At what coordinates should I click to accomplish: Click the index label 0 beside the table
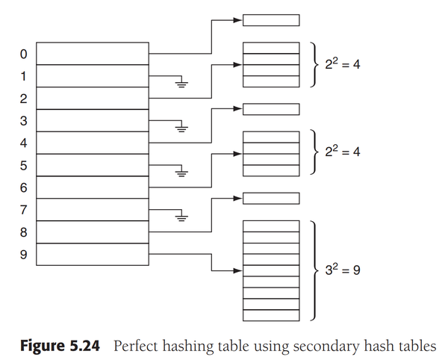click(x=23, y=54)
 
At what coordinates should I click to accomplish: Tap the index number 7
click(x=23, y=210)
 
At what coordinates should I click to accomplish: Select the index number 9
click(x=23, y=255)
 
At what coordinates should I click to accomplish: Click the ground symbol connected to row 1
click(x=181, y=83)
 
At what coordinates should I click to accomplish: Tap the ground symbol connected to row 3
click(x=181, y=128)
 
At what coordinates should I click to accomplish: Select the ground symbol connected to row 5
click(x=181, y=173)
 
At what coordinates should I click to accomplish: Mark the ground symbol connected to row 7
click(x=181, y=217)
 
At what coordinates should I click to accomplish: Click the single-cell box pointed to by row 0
click(x=271, y=20)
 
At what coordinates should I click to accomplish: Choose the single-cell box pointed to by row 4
click(x=271, y=110)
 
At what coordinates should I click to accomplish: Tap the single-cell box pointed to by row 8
click(x=271, y=199)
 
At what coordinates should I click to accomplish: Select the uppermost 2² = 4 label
click(x=342, y=64)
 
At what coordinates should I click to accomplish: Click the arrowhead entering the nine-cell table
click(x=238, y=271)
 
